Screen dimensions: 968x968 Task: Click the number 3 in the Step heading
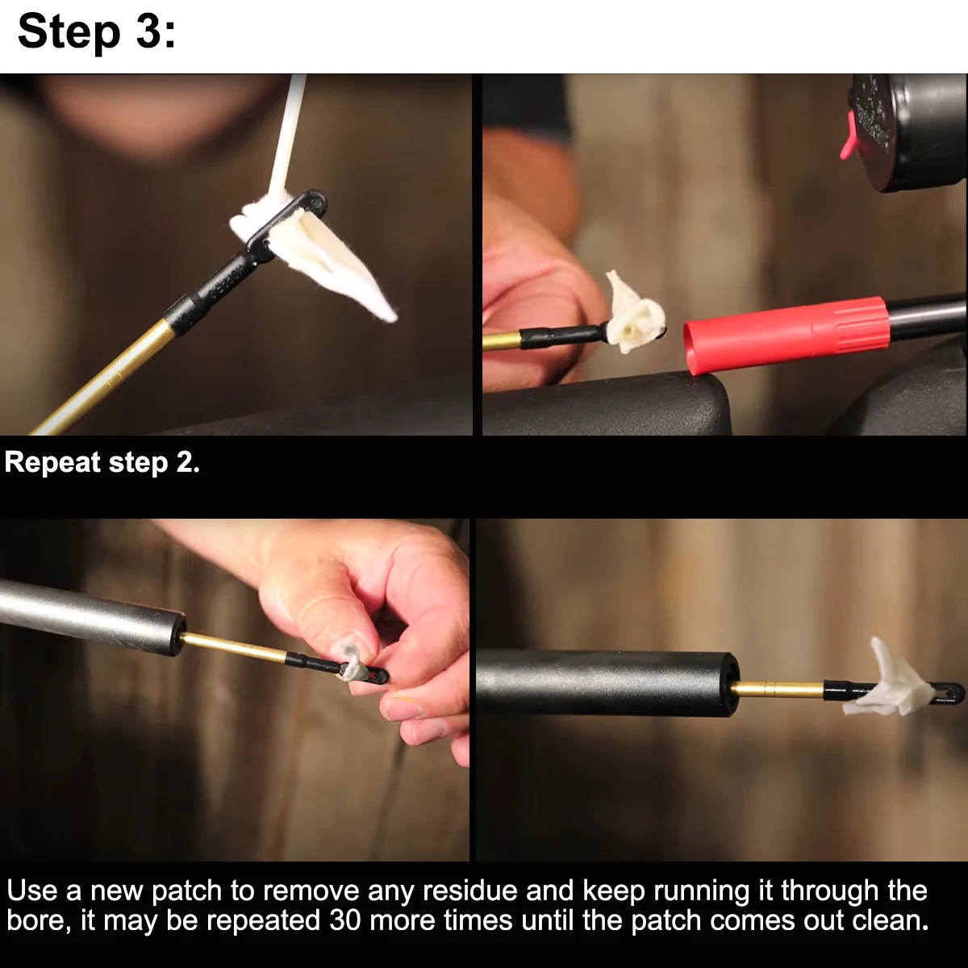click(x=150, y=31)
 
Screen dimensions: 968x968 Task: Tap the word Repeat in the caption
click(x=52, y=463)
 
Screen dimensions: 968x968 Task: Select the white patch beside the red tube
click(x=635, y=313)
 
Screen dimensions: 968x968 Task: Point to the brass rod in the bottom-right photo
click(x=778, y=688)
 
